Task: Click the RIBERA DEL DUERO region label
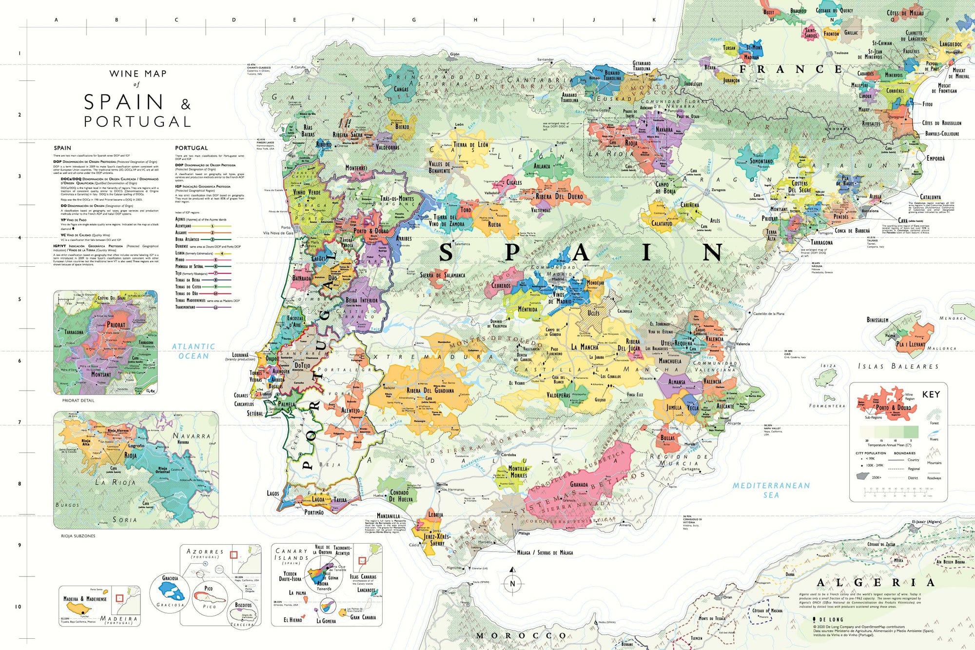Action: (559, 197)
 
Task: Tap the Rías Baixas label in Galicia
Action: (308, 131)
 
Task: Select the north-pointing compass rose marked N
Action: (512, 583)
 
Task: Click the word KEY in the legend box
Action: (931, 394)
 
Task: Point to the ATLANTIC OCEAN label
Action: (194, 351)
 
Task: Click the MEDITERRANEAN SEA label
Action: (771, 490)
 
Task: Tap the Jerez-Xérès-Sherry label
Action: (437, 540)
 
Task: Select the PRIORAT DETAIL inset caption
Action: (78, 400)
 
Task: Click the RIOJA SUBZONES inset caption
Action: (78, 536)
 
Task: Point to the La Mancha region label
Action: (585, 347)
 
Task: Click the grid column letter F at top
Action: (353, 20)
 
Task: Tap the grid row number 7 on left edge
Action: (19, 422)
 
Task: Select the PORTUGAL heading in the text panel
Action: (191, 148)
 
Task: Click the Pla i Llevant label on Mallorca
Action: (910, 344)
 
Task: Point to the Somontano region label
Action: (761, 161)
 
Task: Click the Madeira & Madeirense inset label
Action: (85, 599)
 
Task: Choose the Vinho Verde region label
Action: (307, 192)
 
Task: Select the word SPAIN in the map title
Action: (123, 102)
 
